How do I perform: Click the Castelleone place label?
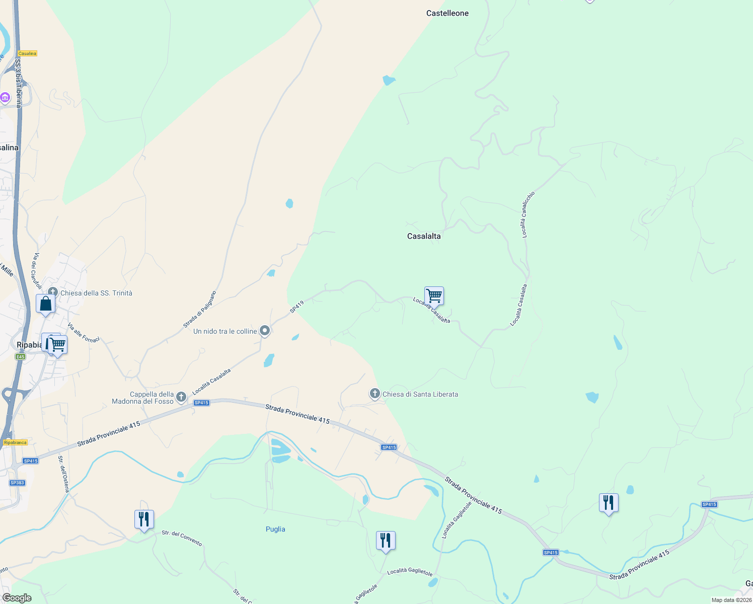(x=447, y=13)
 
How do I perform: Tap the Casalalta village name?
(x=423, y=236)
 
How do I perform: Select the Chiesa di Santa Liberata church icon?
(x=374, y=394)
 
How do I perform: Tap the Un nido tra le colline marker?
(x=265, y=331)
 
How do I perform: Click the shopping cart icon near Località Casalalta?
(x=434, y=296)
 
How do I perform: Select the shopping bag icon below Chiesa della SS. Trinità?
(x=45, y=304)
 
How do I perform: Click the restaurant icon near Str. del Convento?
(x=144, y=519)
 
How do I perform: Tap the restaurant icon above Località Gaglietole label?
(x=386, y=541)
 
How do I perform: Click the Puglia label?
(x=275, y=529)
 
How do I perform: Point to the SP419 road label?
(x=297, y=307)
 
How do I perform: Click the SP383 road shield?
(x=17, y=483)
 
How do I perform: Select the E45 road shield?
(x=20, y=357)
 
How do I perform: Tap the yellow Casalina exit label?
(x=27, y=53)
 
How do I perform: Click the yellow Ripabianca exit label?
(x=15, y=442)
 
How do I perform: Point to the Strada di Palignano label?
(x=199, y=310)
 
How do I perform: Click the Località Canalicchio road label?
(x=528, y=214)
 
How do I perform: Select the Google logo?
(x=17, y=598)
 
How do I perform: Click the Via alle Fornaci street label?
(x=84, y=333)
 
